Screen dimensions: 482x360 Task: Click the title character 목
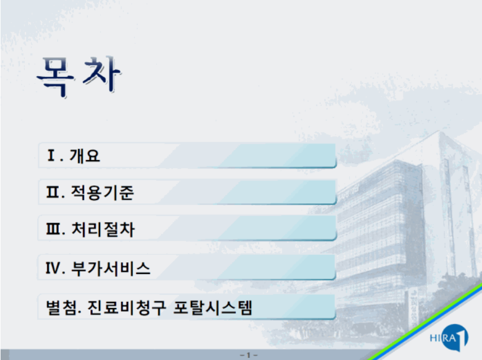pyautogui.click(x=56, y=77)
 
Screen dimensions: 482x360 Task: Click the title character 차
pyautogui.click(x=102, y=75)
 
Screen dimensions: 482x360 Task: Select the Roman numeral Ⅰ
pyautogui.click(x=51, y=155)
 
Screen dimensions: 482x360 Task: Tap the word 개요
pyautogui.click(x=85, y=155)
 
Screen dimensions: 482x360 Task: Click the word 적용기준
pyautogui.click(x=102, y=193)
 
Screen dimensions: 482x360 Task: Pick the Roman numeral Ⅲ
pyautogui.click(x=54, y=229)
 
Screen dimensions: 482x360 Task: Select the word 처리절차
pyautogui.click(x=103, y=229)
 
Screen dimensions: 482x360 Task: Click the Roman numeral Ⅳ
pyautogui.click(x=53, y=268)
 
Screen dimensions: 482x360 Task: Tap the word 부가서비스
pyautogui.click(x=111, y=268)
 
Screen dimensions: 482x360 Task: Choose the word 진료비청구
pyautogui.click(x=127, y=308)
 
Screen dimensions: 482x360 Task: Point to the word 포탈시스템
pyautogui.click(x=212, y=308)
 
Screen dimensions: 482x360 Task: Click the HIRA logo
pyautogui.click(x=449, y=337)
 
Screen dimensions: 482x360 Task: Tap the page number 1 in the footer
pyautogui.click(x=249, y=355)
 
